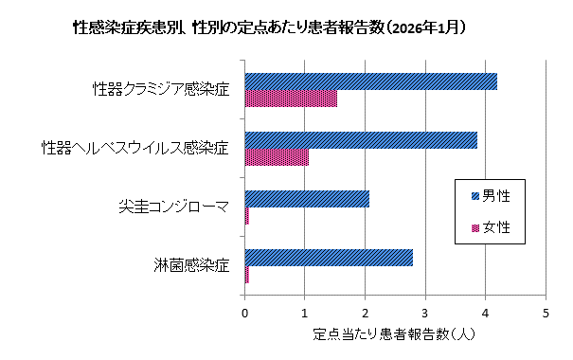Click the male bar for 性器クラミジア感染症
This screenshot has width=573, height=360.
pyautogui.click(x=370, y=81)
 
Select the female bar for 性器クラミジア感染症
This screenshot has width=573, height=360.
pyautogui.click(x=291, y=99)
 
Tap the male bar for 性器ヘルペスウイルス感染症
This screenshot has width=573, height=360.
pyautogui.click(x=361, y=140)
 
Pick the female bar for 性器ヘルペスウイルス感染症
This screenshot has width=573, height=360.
pyautogui.click(x=277, y=157)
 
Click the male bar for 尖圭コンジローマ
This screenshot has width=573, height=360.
pyautogui.click(x=307, y=199)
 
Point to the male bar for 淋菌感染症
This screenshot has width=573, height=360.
pyautogui.click(x=329, y=258)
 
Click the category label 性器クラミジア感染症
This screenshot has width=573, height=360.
pyautogui.click(x=160, y=90)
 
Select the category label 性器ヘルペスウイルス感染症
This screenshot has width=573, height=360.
pyautogui.click(x=135, y=149)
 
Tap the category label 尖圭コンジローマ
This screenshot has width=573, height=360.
pyautogui.click(x=174, y=207)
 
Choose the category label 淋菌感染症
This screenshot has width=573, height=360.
pyautogui.click(x=192, y=265)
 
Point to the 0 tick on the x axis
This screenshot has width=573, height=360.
pyautogui.click(x=245, y=312)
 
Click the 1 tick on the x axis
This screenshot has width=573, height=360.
pyautogui.click(x=305, y=312)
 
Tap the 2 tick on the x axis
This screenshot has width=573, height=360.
pyautogui.click(x=366, y=312)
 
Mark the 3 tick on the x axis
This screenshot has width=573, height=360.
pyautogui.click(x=425, y=312)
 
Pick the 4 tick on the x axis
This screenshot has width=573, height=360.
pyautogui.click(x=486, y=312)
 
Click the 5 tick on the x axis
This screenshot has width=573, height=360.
pyautogui.click(x=546, y=312)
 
